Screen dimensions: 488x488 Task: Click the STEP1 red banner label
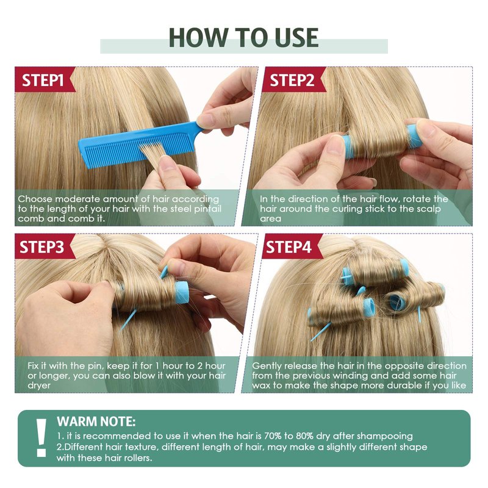[43, 80]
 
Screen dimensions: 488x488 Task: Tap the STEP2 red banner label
[292, 80]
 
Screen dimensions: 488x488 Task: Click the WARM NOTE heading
[96, 422]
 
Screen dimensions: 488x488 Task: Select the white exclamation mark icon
[41, 437]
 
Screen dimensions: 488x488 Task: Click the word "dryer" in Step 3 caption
[39, 386]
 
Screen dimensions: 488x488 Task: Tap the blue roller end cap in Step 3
[182, 292]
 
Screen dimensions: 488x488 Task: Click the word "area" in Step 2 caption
[270, 219]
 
